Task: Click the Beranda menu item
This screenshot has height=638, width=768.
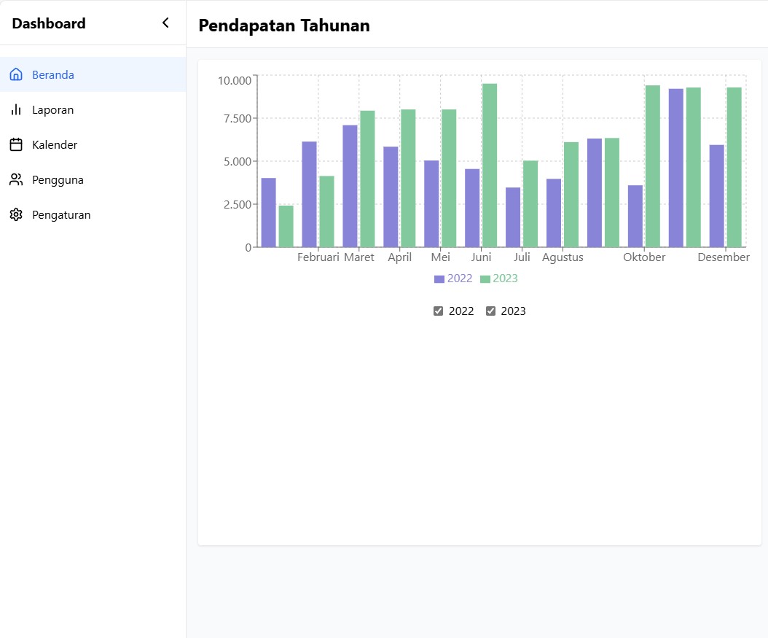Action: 52,75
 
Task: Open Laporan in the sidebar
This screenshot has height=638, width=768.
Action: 52,110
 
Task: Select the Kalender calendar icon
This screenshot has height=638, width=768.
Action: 16,145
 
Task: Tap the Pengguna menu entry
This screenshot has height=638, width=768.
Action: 58,180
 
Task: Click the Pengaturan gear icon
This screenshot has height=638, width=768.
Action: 16,215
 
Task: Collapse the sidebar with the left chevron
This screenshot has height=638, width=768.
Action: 165,23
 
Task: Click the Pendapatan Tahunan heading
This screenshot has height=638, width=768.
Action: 284,26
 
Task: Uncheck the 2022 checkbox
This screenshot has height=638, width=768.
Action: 438,311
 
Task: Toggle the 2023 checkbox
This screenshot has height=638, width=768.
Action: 490,311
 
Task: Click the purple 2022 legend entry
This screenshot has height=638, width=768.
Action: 453,279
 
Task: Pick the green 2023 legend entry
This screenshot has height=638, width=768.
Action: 499,279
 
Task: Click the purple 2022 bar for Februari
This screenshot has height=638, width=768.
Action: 309,194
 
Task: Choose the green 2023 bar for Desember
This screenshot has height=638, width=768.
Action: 734,167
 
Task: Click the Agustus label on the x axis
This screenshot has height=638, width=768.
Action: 563,257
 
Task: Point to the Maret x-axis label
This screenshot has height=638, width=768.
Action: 359,257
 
